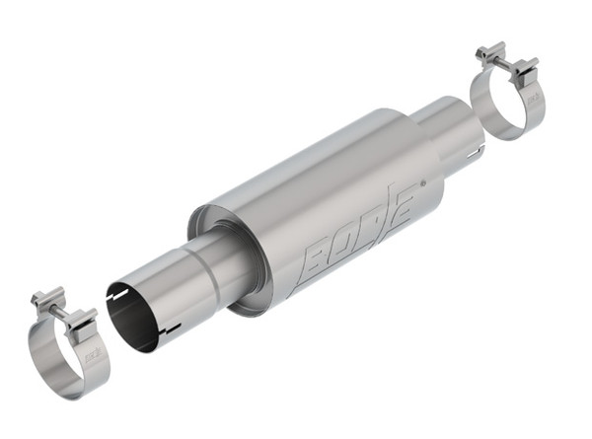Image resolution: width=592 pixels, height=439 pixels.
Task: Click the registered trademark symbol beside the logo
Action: (x=423, y=183)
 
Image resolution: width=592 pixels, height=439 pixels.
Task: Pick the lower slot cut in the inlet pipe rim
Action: (x=171, y=327)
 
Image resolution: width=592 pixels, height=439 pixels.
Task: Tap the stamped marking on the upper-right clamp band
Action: (x=534, y=100)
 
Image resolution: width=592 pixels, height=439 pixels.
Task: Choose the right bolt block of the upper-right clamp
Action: (x=526, y=70)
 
